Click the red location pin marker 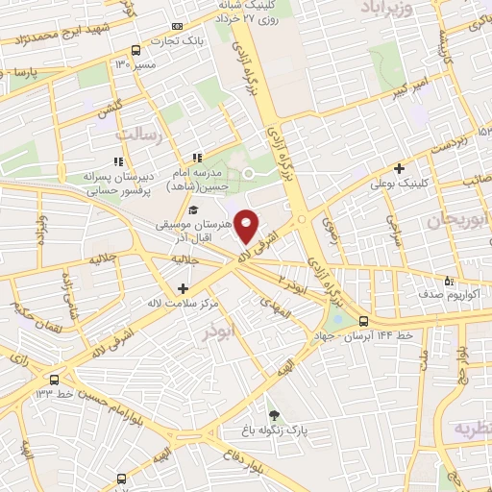(x=247, y=226)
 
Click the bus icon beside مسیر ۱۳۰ (x=135, y=49)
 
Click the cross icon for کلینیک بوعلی (x=399, y=167)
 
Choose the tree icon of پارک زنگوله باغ (x=276, y=414)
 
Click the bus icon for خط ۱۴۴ (x=363, y=321)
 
